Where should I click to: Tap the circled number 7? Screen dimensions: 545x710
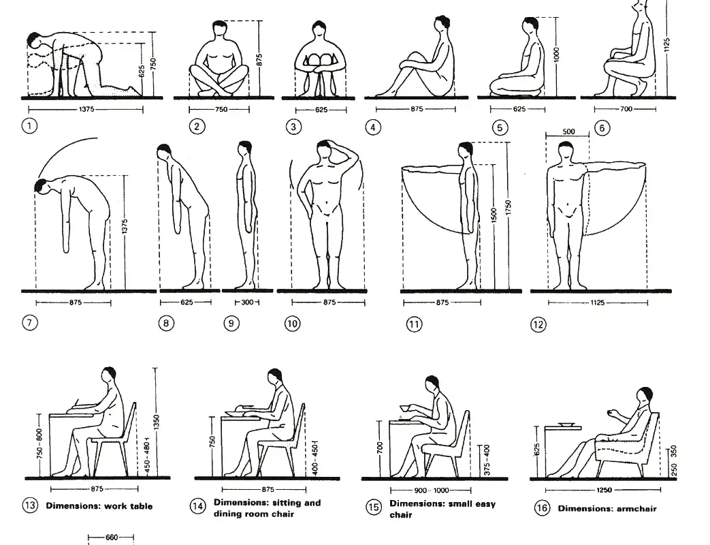(x=30, y=322)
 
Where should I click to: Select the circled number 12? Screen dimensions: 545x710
(x=538, y=325)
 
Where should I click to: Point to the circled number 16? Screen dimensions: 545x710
(x=542, y=508)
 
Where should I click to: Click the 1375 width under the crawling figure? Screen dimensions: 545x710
(x=85, y=108)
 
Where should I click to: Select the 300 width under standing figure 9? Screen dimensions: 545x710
(x=246, y=302)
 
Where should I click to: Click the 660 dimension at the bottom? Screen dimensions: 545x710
(x=112, y=538)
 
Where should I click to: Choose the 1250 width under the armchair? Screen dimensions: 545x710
(x=603, y=490)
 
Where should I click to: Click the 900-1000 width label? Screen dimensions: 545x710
(x=431, y=490)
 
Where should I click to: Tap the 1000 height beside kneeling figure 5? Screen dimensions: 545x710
(x=556, y=55)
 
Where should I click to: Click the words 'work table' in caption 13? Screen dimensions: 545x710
(x=129, y=506)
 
